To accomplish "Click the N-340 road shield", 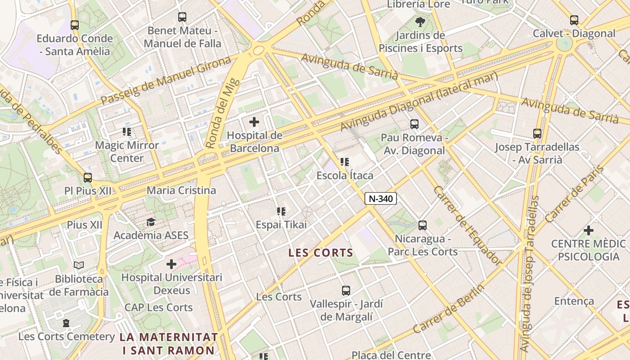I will click(381, 198).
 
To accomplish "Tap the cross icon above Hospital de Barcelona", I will click(254, 121).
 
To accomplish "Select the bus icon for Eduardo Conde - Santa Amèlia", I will click(75, 25).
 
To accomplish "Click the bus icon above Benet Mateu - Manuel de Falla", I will click(182, 17).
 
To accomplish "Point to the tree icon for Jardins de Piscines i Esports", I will click(420, 21).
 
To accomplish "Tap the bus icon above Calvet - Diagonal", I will click(574, 20).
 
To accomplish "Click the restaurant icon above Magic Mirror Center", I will click(127, 132).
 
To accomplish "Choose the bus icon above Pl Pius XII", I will click(88, 177).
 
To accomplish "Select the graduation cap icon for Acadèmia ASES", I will click(151, 222).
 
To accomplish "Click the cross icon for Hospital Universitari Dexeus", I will click(171, 264).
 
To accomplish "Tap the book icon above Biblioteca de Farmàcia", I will click(79, 265).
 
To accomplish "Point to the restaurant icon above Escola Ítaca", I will click(345, 162).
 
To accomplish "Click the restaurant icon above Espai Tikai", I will click(281, 211).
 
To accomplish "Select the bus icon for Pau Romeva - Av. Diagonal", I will click(414, 124).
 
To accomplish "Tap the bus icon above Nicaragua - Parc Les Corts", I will click(422, 225).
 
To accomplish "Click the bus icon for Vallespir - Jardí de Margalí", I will click(346, 291).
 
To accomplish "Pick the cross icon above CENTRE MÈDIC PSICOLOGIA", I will click(588, 230).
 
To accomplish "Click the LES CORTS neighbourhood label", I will click(321, 253).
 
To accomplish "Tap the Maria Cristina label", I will click(181, 190).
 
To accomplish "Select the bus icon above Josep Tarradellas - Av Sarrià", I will click(537, 133).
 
